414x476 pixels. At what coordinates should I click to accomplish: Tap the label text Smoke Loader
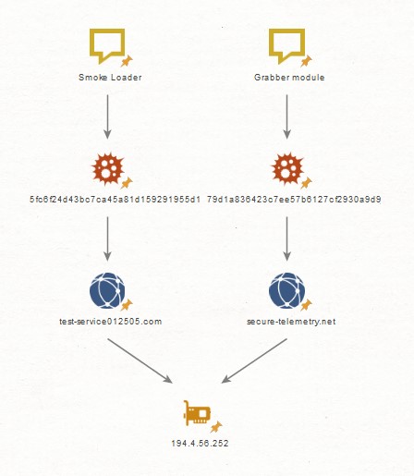(x=110, y=78)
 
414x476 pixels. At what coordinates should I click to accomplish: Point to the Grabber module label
(x=289, y=78)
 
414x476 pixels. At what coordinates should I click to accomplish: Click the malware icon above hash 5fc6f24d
(x=108, y=168)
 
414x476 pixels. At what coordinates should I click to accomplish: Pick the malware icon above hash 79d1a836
(x=287, y=168)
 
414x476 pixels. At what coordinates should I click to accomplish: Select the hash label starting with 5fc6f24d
(x=115, y=200)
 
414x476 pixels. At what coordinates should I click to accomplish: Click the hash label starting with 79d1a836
(x=294, y=200)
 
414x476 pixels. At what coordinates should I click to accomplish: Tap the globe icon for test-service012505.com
(x=107, y=290)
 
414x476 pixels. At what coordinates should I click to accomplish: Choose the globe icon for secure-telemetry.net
(x=286, y=290)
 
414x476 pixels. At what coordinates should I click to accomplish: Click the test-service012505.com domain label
(x=110, y=322)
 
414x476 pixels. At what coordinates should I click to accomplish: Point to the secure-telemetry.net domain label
(x=291, y=322)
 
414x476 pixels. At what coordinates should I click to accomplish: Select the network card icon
(x=197, y=413)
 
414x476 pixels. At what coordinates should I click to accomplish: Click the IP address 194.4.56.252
(x=200, y=444)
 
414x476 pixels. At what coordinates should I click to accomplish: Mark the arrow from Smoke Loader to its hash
(x=107, y=116)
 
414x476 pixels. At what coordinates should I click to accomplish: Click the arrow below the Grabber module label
(x=286, y=116)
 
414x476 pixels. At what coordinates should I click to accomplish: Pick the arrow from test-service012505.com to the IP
(x=140, y=360)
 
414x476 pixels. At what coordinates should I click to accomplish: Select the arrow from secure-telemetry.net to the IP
(x=254, y=360)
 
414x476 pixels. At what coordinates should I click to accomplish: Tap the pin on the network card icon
(x=216, y=427)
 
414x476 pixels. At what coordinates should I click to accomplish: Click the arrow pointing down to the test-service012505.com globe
(x=107, y=238)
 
